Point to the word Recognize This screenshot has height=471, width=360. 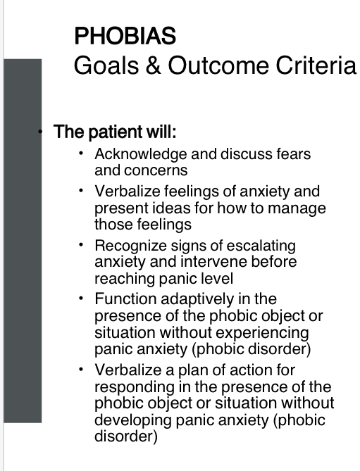click(128, 246)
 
